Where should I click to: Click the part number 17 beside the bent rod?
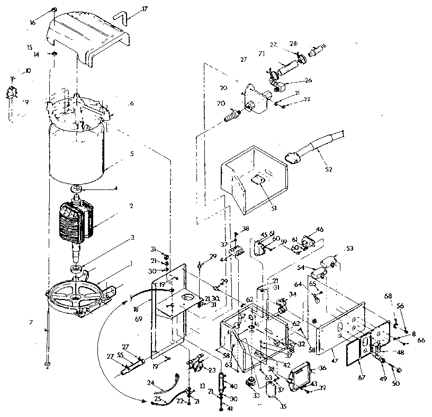[131, 9]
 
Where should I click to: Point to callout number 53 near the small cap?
[349, 248]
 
